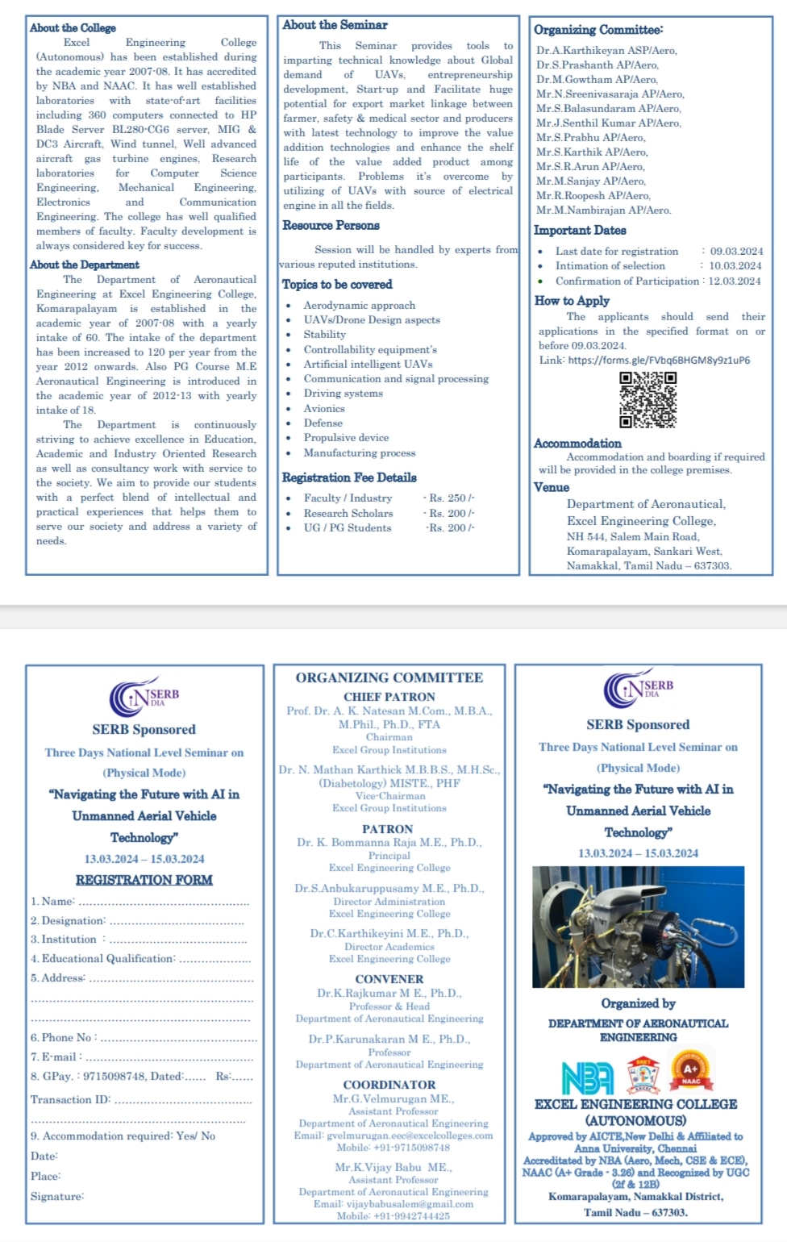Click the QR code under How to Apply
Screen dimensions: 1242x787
click(648, 399)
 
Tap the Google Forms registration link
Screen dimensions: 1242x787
click(659, 360)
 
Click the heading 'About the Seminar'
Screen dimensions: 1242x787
click(335, 25)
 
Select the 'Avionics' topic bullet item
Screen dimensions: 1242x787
click(324, 409)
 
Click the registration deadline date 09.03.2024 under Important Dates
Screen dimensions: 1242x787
click(736, 252)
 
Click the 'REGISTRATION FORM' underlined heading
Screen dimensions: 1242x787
click(144, 880)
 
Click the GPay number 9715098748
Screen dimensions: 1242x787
click(121, 1076)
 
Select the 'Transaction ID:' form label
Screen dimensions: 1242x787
click(71, 1099)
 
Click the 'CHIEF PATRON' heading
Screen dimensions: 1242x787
click(389, 697)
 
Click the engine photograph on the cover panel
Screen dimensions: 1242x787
click(638, 927)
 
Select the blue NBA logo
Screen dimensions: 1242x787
click(588, 1077)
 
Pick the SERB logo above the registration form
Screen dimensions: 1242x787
click(145, 695)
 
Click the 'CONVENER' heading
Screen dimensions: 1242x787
click(389, 979)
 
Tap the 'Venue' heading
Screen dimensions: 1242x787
click(552, 487)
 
